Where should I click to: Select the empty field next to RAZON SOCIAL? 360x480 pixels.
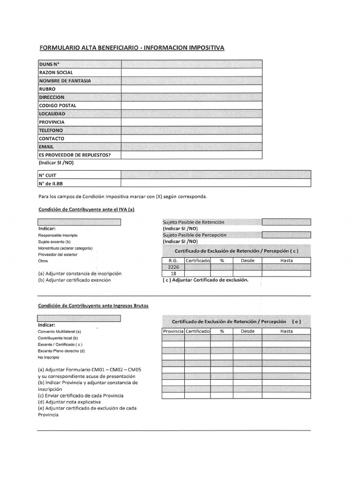(192, 72)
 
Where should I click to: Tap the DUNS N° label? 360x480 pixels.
(49, 64)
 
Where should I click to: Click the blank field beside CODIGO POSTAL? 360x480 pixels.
(192, 105)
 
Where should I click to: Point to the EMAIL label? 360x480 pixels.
(46, 147)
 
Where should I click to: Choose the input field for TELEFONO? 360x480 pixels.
(192, 130)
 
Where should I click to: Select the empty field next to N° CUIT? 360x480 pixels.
(216, 175)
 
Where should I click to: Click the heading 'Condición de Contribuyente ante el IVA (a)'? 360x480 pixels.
(86, 210)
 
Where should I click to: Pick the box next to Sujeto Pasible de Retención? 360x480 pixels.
(286, 222)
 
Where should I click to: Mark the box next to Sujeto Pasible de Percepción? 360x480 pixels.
(286, 235)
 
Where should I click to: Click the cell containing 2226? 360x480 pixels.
(173, 267)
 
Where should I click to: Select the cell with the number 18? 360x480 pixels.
(173, 273)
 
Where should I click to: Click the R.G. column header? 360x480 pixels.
(173, 260)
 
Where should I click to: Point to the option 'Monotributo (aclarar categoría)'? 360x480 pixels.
(65, 248)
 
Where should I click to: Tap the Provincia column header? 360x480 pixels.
(173, 331)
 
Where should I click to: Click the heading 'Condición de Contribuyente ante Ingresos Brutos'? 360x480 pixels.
(93, 306)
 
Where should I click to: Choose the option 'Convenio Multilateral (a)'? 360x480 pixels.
(60, 331)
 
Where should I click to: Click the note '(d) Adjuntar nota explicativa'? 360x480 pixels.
(69, 402)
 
